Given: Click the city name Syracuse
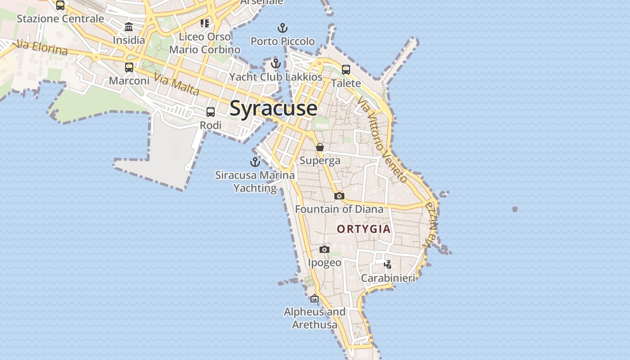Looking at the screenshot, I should coord(273,108).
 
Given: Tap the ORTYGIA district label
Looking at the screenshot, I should coord(364,229).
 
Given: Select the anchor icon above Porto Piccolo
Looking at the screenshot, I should coord(283,28).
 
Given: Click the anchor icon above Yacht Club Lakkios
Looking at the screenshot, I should coord(276,63).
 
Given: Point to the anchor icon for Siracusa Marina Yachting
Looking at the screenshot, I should coord(255,162).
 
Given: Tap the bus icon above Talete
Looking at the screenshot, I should coord(346,70).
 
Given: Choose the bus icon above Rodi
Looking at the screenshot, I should coord(210,112).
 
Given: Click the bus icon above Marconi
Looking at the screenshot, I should coord(129,67).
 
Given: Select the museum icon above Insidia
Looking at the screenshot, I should coord(129,27).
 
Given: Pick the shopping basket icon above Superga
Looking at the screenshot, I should coord(319,147).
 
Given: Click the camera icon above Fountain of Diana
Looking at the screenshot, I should coord(339,196).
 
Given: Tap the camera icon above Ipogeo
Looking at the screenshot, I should coord(324,249).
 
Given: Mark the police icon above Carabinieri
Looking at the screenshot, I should coord(387,265).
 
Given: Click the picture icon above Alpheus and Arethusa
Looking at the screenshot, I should coord(314,298).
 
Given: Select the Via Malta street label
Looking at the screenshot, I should coord(176,84).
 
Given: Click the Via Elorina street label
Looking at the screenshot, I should coord(42,48).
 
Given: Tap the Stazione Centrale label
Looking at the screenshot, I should coord(60,19).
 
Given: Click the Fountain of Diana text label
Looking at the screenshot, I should coord(339,209).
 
